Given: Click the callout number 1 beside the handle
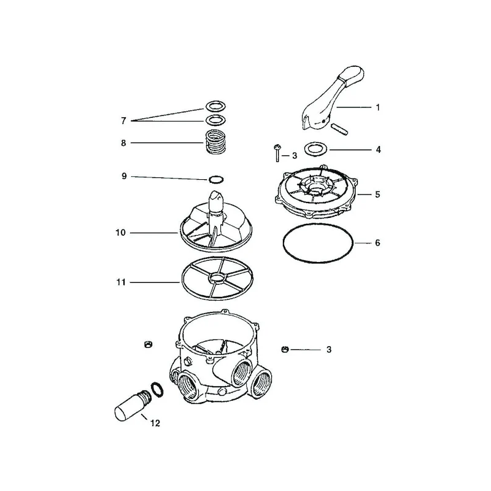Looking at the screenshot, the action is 377,107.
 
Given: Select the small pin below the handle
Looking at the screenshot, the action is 339,130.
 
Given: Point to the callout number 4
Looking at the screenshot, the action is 378,150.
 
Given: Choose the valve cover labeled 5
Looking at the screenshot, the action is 315,191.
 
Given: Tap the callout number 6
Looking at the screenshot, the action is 377,242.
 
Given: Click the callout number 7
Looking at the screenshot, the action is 124,121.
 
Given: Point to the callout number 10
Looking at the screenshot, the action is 120,233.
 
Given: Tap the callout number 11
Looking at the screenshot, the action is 121,282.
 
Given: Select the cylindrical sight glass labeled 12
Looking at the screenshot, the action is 133,405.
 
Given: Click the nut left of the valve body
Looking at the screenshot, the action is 147,344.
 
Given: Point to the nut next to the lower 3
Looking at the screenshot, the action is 284,349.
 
